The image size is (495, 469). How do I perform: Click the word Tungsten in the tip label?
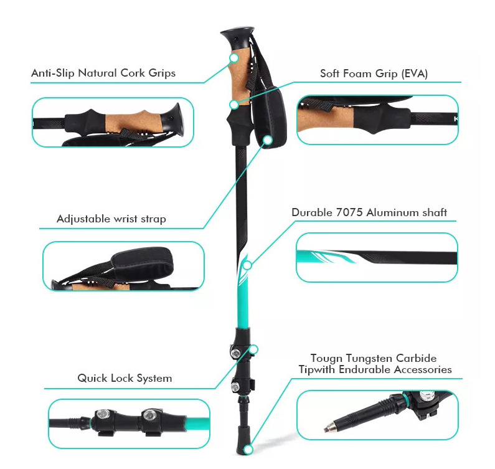pyautogui.click(x=369, y=358)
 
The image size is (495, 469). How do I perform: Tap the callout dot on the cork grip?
pyautogui.click(x=234, y=58)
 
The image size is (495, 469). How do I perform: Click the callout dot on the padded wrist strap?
pyautogui.click(x=268, y=140)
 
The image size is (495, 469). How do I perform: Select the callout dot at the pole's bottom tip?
pyautogui.click(x=249, y=450)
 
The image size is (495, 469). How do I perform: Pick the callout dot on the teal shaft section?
pyautogui.click(x=248, y=265)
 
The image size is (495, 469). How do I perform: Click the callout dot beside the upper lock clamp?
pyautogui.click(x=253, y=349)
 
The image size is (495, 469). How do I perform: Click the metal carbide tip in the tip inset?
pyautogui.click(x=330, y=428)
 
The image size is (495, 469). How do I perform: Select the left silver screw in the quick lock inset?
pyautogui.click(x=102, y=414)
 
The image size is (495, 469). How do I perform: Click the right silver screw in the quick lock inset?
pyautogui.click(x=148, y=414)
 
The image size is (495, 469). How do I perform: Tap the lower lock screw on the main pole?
pyautogui.click(x=235, y=386)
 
